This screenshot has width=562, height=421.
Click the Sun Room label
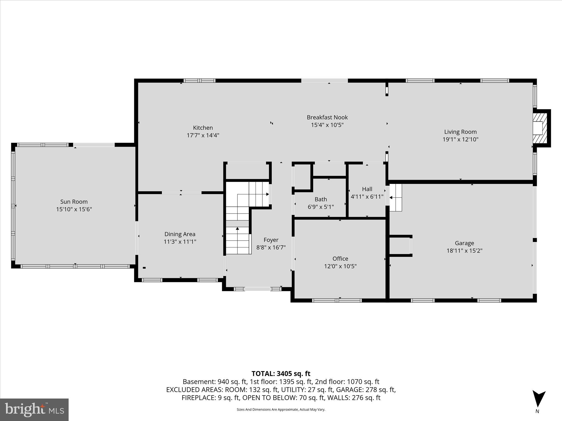(x=74, y=202)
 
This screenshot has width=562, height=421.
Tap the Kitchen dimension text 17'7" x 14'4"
(x=203, y=135)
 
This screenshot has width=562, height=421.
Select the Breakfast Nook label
(x=327, y=117)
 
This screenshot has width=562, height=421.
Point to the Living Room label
(x=460, y=132)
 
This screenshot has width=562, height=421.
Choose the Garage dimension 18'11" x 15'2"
(x=464, y=251)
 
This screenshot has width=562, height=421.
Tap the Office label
(x=340, y=258)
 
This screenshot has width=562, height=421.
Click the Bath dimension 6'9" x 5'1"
(x=321, y=207)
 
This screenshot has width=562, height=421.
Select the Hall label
(x=367, y=189)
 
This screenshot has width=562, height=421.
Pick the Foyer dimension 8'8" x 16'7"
(x=271, y=248)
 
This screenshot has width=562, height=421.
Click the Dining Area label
(x=180, y=234)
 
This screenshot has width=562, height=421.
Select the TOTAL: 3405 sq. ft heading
(x=281, y=374)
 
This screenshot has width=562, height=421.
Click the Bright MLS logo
(x=34, y=410)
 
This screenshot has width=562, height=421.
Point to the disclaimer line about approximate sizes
(x=281, y=409)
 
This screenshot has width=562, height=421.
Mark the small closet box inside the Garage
(x=400, y=246)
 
